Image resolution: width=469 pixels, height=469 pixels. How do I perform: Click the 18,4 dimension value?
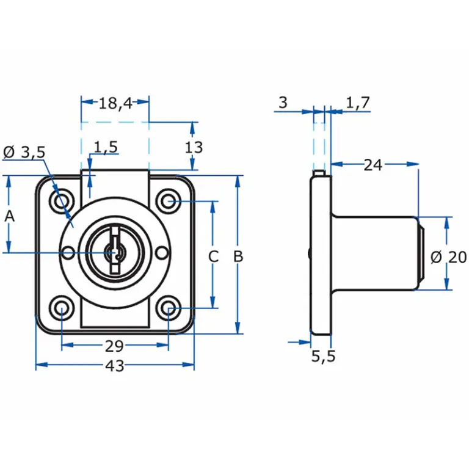pos(115,103)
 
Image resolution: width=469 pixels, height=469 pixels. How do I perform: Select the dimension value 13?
pos(194,147)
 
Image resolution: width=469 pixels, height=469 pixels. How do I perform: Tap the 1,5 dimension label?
pos(106,147)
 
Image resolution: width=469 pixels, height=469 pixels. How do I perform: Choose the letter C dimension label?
pos(213,256)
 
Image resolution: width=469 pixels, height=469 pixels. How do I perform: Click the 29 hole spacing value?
pos(115,346)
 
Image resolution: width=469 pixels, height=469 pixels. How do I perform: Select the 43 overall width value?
pos(115,366)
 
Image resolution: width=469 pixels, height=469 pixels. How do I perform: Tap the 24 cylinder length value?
pos(373,164)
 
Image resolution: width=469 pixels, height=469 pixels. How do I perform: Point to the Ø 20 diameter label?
pos(449,257)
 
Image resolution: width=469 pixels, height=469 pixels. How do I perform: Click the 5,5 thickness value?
pos(324,357)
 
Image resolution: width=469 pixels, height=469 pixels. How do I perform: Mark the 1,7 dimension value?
pos(358,103)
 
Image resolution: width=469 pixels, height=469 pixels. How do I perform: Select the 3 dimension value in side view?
pos(282,103)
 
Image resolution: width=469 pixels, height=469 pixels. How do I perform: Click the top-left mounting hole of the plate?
pos(62,200)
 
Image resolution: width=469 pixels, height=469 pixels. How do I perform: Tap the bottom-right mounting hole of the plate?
pos(168,309)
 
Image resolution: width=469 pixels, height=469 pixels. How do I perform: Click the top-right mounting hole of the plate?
pos(168,200)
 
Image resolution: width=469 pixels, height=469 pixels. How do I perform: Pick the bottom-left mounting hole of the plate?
pos(62,309)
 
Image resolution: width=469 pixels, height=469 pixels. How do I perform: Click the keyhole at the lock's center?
pos(112,252)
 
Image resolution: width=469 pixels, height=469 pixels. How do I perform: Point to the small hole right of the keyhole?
pos(161,252)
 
